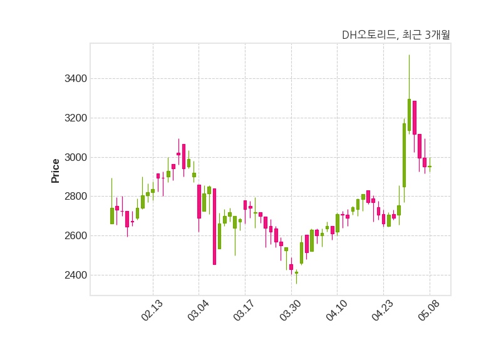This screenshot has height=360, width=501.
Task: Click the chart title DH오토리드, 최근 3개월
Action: click(396, 34)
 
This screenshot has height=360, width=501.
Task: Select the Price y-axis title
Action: click(55, 171)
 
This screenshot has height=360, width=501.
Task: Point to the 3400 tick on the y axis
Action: click(76, 79)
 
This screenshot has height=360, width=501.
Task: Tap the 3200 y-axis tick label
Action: click(76, 118)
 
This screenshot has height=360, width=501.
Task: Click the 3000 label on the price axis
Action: click(76, 158)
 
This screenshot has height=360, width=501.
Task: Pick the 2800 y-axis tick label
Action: click(76, 197)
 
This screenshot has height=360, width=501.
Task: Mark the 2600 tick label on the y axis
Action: click(76, 236)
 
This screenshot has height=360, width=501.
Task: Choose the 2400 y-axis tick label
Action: click(76, 275)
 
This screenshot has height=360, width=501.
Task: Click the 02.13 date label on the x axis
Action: click(152, 310)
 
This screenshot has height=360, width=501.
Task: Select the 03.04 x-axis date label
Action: click(198, 310)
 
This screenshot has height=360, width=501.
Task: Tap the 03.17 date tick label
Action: click(244, 310)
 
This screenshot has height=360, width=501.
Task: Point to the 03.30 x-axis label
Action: click(291, 310)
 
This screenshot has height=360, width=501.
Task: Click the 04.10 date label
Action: click(336, 310)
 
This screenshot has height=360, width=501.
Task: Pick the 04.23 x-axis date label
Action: click(383, 310)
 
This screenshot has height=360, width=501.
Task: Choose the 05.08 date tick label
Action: click(429, 310)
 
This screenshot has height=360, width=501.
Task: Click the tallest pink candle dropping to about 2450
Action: click(214, 227)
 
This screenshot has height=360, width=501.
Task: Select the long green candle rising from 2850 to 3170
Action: click(404, 155)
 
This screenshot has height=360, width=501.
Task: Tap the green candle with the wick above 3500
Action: click(410, 115)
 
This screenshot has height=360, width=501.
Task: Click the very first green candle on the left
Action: click(112, 216)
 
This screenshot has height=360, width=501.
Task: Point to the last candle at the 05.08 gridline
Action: click(430, 167)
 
